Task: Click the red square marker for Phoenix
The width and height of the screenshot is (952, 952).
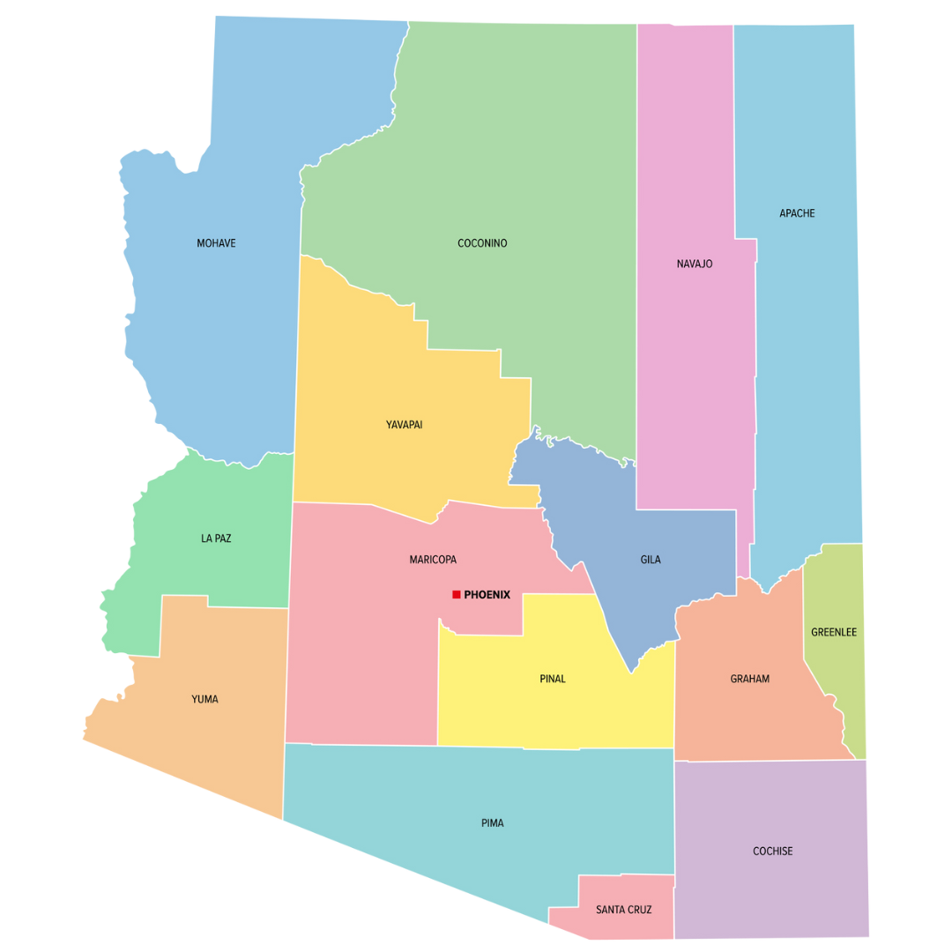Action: point(456,595)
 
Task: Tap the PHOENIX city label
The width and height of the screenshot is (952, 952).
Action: point(487,595)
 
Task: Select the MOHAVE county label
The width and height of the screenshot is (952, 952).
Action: point(216,243)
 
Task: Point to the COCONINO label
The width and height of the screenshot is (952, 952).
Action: point(482,243)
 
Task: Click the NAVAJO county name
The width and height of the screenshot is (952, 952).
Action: point(695,264)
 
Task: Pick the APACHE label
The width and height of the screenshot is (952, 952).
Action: point(797,213)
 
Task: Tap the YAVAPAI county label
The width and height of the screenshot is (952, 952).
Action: point(404,425)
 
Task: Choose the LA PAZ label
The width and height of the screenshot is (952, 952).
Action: point(216,539)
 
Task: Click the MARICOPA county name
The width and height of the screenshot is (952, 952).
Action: point(433,560)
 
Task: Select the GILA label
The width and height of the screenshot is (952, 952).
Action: point(651,560)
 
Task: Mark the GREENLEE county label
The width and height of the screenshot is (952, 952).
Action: point(834,632)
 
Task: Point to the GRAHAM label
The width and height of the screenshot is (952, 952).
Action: point(749,679)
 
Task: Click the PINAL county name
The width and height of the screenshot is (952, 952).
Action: point(553,679)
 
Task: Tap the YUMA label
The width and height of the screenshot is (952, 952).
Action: point(205,700)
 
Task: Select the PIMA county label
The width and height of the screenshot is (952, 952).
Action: point(493,823)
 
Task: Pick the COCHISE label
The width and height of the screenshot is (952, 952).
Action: point(772,852)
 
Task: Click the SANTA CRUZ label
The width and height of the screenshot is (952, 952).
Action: point(623,910)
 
